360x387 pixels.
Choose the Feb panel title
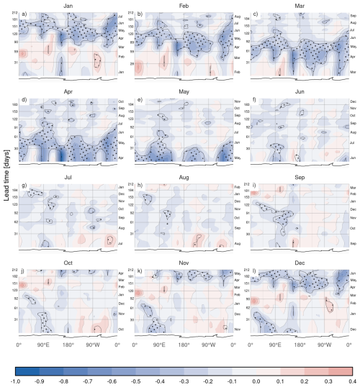183,5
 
